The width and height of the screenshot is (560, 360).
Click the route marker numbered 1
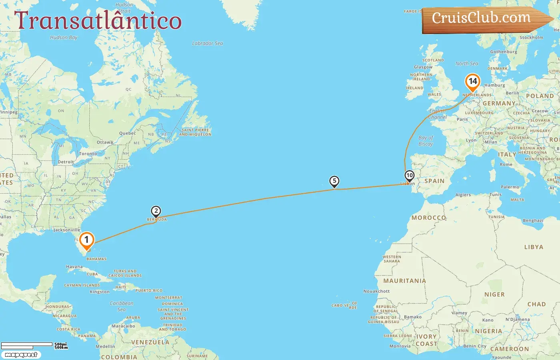(x=86, y=240)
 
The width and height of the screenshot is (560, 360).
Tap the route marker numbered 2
(x=156, y=211)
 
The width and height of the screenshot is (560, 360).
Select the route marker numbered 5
(x=334, y=181)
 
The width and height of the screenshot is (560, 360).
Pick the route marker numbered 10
(x=409, y=176)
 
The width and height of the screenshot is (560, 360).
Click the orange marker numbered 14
(x=473, y=82)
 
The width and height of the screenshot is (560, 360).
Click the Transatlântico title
(x=98, y=21)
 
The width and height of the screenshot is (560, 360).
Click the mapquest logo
(x=21, y=355)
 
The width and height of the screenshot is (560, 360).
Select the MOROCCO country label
(x=429, y=218)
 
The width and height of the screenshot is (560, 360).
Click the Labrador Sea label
(x=208, y=43)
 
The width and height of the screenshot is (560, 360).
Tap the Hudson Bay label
(x=64, y=38)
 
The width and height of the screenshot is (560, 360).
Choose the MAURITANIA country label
(x=404, y=281)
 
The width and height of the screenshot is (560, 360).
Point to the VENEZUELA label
(x=150, y=342)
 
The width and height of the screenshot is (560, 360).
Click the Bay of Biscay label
(x=426, y=141)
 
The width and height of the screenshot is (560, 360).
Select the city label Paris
(x=462, y=119)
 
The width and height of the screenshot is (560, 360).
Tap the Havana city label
(x=74, y=267)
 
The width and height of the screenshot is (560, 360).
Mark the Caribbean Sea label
(x=122, y=306)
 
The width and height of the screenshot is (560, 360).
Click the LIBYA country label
(x=534, y=247)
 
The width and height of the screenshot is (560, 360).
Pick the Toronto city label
(x=88, y=154)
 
